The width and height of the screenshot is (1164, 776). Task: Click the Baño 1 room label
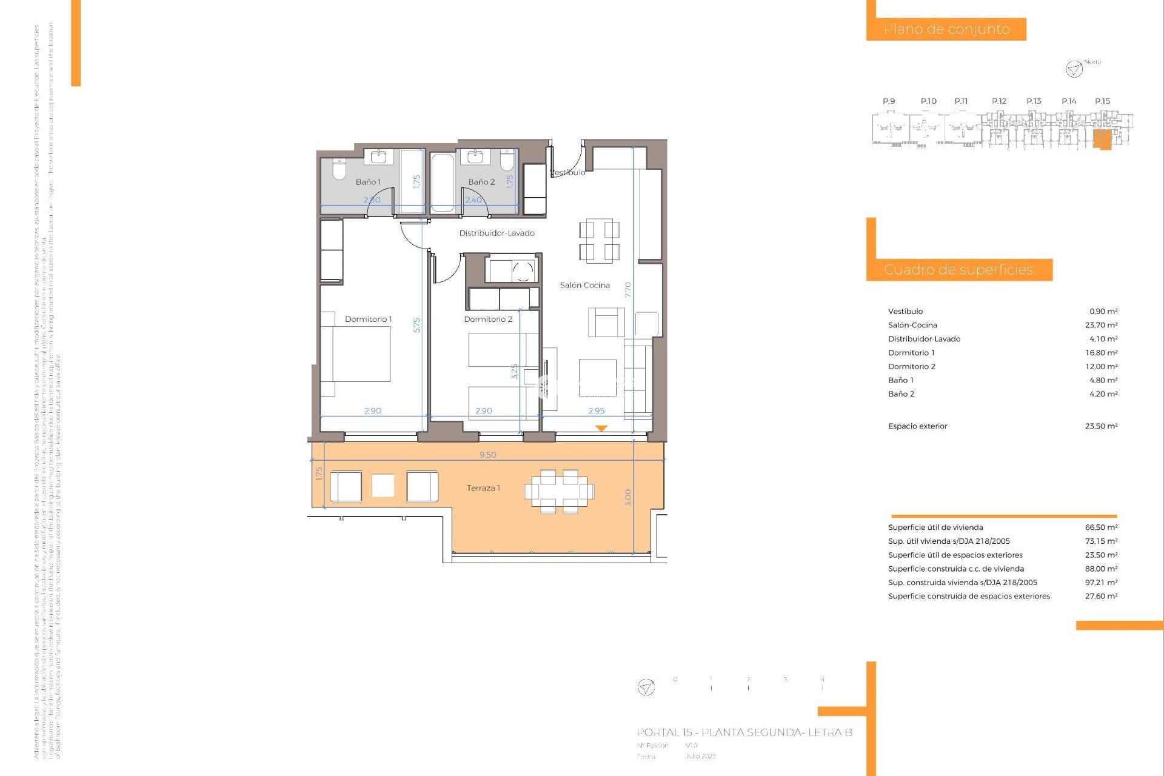click(x=368, y=182)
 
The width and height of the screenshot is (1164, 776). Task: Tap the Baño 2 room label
click(x=481, y=182)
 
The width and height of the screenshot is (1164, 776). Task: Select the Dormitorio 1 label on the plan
click(x=368, y=319)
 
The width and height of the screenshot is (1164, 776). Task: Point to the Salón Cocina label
click(x=584, y=285)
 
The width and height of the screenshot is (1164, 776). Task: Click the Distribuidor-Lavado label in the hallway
click(x=497, y=233)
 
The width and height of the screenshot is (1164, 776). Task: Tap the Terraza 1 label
click(x=483, y=488)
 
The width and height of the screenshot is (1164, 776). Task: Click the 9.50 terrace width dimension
click(x=487, y=455)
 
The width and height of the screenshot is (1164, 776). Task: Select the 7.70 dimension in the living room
click(x=628, y=290)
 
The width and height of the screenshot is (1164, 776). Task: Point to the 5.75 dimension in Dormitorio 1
click(x=416, y=325)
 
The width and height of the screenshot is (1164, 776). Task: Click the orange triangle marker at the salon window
click(x=601, y=428)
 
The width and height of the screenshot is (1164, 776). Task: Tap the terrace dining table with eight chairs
click(x=559, y=491)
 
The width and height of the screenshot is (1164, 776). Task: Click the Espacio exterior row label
click(x=917, y=426)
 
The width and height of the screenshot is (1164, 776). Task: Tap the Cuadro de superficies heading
click(x=958, y=270)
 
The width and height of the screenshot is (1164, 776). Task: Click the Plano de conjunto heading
click(x=946, y=29)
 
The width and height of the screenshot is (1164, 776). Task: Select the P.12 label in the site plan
click(x=998, y=101)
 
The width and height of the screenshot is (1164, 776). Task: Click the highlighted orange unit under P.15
click(x=1101, y=139)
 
